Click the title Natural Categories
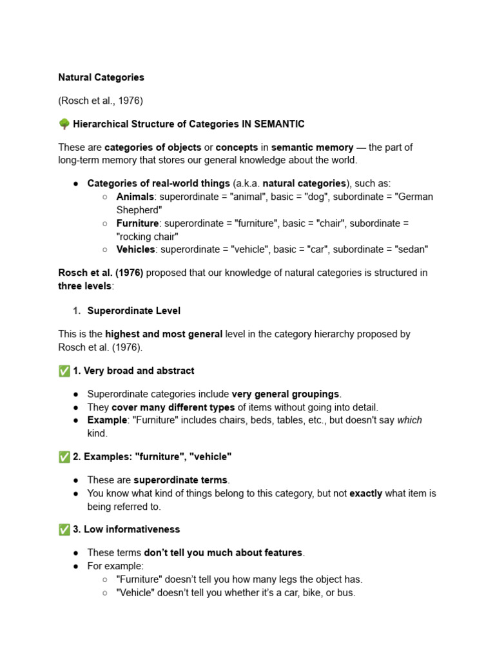tap(101, 77)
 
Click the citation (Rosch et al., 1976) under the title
tap(101, 101)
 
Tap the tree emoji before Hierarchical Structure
tap(64, 124)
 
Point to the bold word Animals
tap(135, 197)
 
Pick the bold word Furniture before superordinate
tap(137, 223)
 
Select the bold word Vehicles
tap(135, 249)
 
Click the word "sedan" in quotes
tap(411, 249)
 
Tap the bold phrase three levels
tap(84, 286)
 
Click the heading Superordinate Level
tap(133, 311)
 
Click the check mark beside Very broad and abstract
tap(64, 371)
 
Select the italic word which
tap(409, 420)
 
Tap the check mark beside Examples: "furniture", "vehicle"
tap(64, 456)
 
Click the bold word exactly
tap(365, 494)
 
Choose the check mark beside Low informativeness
tap(64, 529)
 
